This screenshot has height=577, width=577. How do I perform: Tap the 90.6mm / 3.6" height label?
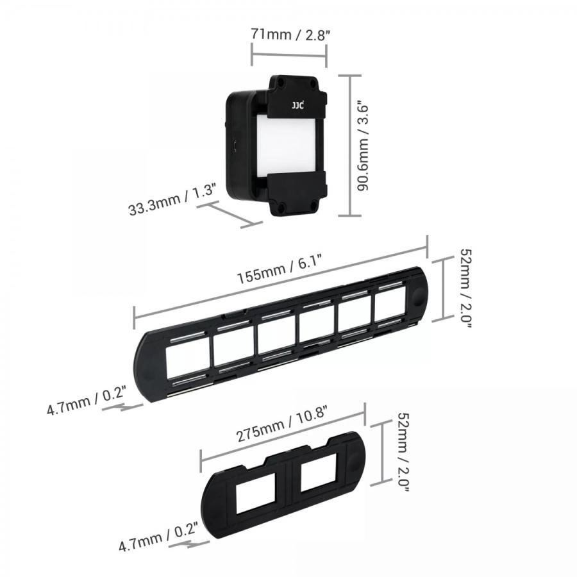364,145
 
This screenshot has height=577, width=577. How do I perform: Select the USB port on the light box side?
236,146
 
